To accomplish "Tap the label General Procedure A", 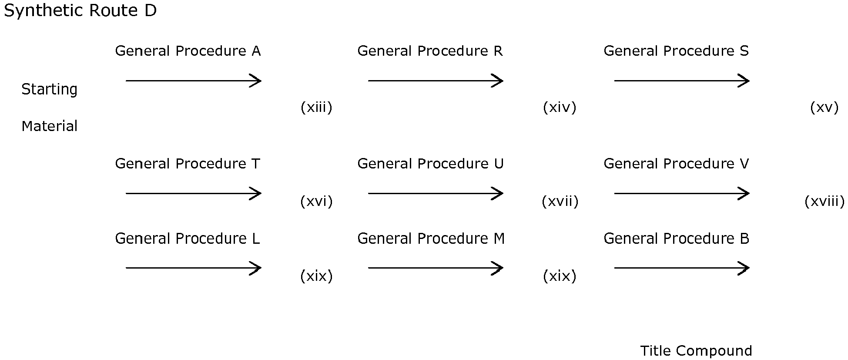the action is click(188, 51).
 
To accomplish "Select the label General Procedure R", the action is click(430, 51).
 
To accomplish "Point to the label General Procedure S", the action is click(676, 51).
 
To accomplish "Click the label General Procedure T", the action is click(188, 164).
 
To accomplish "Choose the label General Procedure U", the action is click(430, 164).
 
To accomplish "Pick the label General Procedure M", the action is click(431, 239).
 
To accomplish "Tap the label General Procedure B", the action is click(676, 239).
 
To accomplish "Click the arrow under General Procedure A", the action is click(194, 81).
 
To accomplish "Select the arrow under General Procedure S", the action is click(682, 81).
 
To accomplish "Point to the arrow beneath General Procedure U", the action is click(436, 193).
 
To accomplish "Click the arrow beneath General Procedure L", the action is click(194, 268).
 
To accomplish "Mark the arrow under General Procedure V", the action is click(682, 193).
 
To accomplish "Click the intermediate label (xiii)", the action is click(316, 107).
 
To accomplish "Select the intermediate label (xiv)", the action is click(560, 107).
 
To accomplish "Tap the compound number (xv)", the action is click(824, 107).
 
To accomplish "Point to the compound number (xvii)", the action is click(560, 201).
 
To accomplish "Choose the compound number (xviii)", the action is click(825, 201).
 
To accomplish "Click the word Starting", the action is click(50, 90).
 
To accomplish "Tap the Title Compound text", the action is click(696, 351).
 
